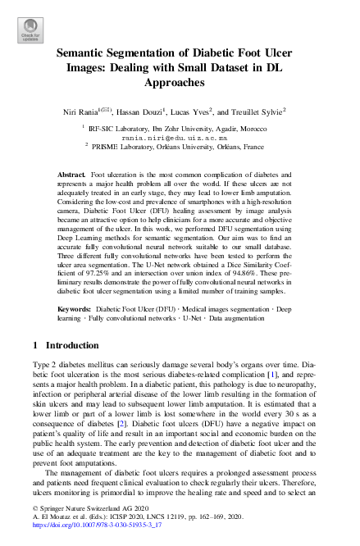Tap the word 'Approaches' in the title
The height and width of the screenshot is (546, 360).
pos(180,83)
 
